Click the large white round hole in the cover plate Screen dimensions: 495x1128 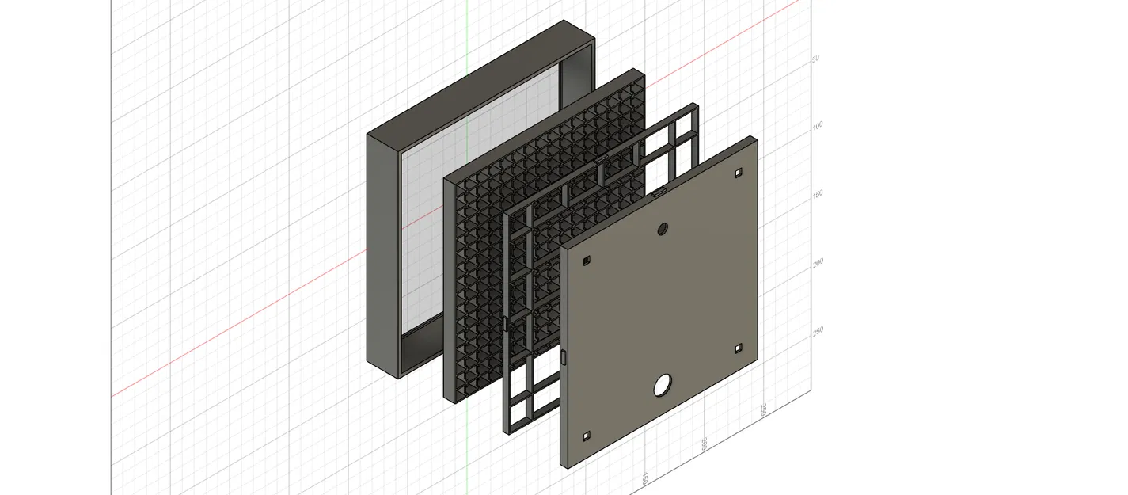pyautogui.click(x=662, y=386)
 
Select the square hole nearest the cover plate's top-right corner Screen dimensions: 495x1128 pyautogui.click(x=738, y=172)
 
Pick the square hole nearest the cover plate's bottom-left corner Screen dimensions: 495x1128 pyautogui.click(x=587, y=436)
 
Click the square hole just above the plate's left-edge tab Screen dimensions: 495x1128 pyautogui.click(x=587, y=261)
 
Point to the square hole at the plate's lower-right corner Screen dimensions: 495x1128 pyautogui.click(x=738, y=348)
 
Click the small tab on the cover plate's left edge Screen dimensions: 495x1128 pyautogui.click(x=564, y=357)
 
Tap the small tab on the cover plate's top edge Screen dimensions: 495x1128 pyautogui.click(x=659, y=194)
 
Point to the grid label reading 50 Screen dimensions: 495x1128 pyautogui.click(x=815, y=59)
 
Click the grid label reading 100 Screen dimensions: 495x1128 pyautogui.click(x=818, y=125)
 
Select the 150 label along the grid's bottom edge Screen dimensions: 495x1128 pyautogui.click(x=645, y=478)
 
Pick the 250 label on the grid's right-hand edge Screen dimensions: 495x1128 pyautogui.click(x=818, y=329)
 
